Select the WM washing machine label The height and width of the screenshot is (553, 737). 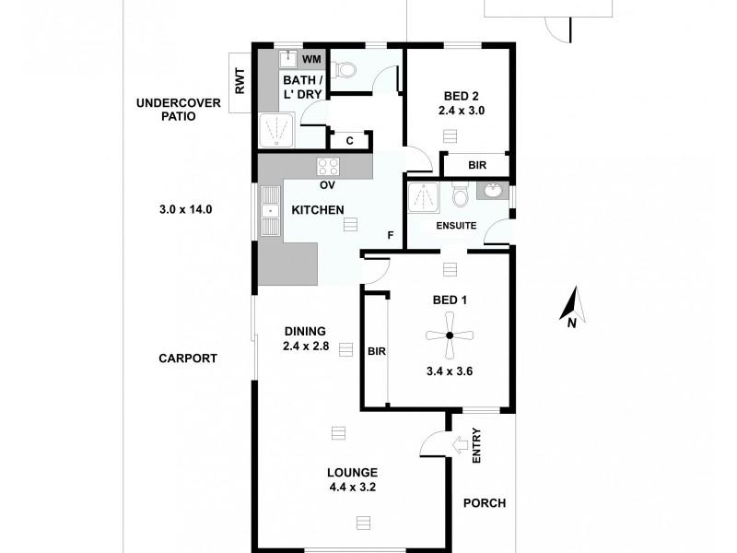[311, 60]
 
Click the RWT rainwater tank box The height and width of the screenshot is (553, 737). [240, 84]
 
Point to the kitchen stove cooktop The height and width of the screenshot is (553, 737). [328, 167]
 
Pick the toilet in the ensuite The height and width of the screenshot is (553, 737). [461, 195]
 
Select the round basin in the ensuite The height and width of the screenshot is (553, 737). [493, 193]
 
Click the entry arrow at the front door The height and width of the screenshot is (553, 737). [458, 446]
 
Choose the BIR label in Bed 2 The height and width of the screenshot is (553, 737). [477, 166]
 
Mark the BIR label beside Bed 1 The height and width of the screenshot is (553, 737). [376, 351]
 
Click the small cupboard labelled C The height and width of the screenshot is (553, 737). [349, 141]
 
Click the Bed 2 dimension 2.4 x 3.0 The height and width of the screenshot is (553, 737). [462, 110]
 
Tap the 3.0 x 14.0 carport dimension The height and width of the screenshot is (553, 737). [186, 209]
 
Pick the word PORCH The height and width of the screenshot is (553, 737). [485, 503]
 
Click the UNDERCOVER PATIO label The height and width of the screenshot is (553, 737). [179, 110]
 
